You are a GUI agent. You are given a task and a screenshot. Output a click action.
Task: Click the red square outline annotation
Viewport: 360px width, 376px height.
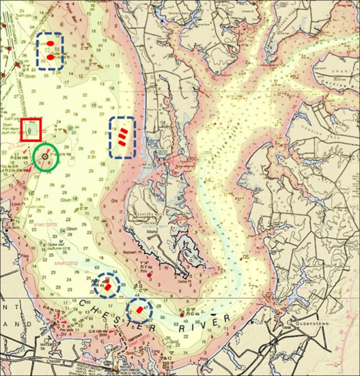coord(31,128)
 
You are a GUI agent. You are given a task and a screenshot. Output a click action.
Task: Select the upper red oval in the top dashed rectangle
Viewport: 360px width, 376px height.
coord(50,44)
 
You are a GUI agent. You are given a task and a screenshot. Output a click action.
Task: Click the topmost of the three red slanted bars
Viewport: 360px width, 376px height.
coord(124,128)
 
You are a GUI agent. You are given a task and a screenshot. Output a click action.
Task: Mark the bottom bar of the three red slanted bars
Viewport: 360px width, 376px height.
coord(121,141)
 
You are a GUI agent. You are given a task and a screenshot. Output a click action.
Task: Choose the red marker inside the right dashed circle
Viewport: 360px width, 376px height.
coord(139,310)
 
